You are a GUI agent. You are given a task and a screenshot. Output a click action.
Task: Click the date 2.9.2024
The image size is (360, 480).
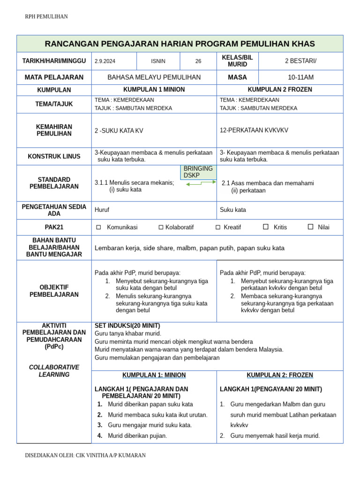[105, 61]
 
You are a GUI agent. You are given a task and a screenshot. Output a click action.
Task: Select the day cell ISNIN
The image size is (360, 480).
[158, 61]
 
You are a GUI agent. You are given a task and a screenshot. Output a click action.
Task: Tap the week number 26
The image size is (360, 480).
[198, 61]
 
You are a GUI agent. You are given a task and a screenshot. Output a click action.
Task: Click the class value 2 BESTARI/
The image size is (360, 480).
[300, 61]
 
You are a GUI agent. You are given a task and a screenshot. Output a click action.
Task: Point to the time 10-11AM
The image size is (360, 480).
[300, 77]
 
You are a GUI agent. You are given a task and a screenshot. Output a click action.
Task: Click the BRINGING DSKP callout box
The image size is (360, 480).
[198, 172]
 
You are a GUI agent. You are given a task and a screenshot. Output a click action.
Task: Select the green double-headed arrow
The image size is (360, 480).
[200, 185]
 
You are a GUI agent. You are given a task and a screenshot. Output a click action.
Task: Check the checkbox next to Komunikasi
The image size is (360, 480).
[98, 227]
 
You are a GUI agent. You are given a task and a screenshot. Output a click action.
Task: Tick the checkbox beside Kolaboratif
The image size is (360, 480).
[161, 227]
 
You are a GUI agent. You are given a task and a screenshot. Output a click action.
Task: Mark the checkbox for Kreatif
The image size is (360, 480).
[218, 227]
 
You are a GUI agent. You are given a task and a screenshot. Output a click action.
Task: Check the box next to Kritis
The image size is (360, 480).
[266, 227]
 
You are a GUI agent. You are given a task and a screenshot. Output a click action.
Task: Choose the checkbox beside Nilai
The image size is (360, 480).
[310, 227]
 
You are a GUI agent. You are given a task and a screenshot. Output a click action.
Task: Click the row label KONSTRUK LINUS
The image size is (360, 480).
[54, 157]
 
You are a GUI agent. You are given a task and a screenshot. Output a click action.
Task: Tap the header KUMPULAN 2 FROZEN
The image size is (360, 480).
[279, 90]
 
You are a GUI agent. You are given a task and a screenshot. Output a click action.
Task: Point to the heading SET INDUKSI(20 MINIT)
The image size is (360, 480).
[127, 326]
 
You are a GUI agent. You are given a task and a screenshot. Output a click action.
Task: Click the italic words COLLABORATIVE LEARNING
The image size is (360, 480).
[54, 371]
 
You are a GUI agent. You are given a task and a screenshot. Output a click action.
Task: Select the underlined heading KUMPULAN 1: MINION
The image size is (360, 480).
[154, 375]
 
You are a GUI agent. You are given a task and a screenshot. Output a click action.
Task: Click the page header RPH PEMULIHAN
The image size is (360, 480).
[46, 17]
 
